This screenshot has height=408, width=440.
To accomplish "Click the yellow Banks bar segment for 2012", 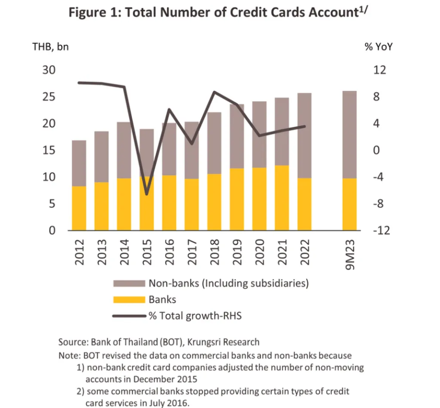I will (x=79, y=208).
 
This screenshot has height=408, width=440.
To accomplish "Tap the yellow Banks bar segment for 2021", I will (x=282, y=198).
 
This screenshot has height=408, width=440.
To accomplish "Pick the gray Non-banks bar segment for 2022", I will (x=304, y=135).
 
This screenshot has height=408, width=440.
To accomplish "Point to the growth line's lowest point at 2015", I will (x=147, y=194).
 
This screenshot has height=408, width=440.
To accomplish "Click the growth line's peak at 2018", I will (x=214, y=92).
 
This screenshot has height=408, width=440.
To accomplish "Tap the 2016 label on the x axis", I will (x=169, y=252).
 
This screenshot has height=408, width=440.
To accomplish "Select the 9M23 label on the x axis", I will (x=350, y=255).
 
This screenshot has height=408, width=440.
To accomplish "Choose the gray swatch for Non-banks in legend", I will (x=128, y=283).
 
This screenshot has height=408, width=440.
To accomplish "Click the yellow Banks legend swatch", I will (x=128, y=300).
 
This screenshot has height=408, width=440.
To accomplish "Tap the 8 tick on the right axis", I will (x=376, y=97).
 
